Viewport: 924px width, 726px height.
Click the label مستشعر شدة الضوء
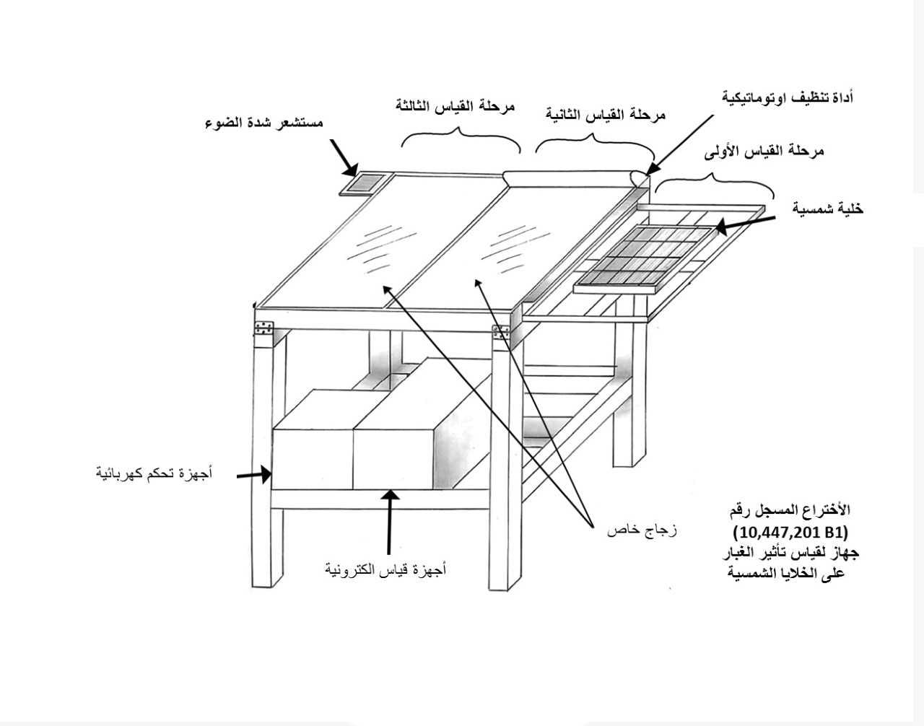264,123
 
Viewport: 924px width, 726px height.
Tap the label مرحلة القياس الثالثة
456,106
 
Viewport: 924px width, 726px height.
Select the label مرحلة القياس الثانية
606,114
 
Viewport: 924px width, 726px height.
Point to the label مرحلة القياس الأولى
764,152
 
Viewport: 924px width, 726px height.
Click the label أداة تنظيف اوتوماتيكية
788,97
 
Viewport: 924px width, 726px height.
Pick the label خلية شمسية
827,209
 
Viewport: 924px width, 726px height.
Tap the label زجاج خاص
642,531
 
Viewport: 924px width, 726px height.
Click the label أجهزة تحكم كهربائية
154,473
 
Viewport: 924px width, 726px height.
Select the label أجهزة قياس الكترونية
385,569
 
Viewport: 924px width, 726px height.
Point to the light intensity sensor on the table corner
362,184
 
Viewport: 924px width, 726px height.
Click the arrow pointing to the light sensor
344,158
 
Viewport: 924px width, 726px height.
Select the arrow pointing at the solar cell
746,224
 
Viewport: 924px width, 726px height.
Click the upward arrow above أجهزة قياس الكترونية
390,522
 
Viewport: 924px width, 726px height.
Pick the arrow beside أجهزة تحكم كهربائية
254,475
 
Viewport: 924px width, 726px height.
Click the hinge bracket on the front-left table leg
263,328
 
